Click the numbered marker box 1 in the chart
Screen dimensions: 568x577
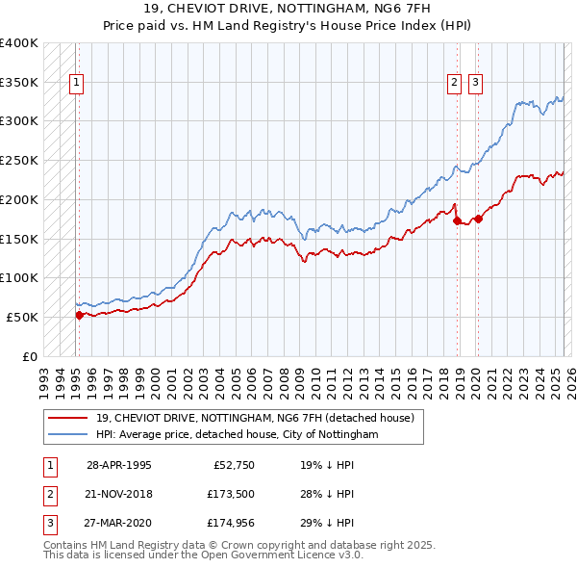[x=76, y=83]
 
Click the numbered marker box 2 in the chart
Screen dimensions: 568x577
[x=454, y=83]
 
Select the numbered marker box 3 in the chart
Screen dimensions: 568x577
[x=475, y=83]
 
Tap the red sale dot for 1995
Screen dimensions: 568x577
[x=79, y=315]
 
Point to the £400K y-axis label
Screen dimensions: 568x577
[x=19, y=43]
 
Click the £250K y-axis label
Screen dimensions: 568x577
[x=19, y=161]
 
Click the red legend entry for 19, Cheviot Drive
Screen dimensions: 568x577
[x=255, y=418]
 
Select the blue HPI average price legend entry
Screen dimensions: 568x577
[x=237, y=435]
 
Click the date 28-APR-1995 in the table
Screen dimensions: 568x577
[x=118, y=466]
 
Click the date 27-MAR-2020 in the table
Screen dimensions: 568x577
[x=118, y=524]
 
